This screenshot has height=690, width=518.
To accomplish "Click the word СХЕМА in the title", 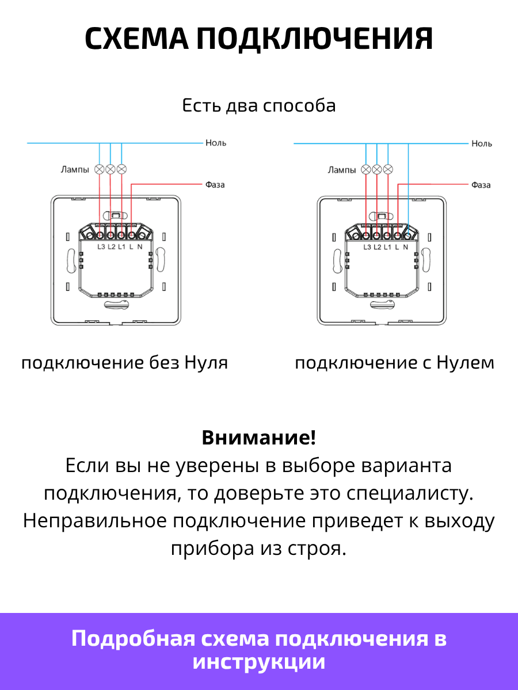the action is tap(136, 39).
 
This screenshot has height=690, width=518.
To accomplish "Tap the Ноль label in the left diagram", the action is tap(216, 143).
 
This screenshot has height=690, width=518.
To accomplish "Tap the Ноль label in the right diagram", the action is tap(482, 144).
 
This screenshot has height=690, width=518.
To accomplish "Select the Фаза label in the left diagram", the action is tap(215, 185).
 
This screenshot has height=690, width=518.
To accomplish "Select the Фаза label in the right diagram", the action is tap(481, 185).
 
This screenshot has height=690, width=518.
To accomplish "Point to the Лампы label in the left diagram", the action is tap(75, 170).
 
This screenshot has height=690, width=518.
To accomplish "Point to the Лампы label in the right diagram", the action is tap(342, 170).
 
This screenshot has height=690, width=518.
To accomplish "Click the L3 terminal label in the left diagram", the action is tap(101, 247).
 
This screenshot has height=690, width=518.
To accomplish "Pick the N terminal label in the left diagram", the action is tap(140, 247).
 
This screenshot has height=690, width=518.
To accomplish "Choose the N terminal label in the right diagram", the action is tap(406, 247).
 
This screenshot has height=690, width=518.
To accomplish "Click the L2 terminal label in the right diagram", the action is tap(378, 247).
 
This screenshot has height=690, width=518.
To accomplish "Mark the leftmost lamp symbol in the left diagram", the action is tap(100, 170).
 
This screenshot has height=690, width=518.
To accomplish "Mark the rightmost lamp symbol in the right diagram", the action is tap(388, 170).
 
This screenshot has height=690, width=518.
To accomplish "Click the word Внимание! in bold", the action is tap(259, 437).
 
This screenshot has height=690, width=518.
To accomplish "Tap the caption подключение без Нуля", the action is tap(124, 363).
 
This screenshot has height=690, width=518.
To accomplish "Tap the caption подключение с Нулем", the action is tap(395, 363).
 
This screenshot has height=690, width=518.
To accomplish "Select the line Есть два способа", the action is tap(259, 105).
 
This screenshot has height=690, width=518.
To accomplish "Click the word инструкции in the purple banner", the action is tap(259, 661).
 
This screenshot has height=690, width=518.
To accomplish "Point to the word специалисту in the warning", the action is tap(410, 493).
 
